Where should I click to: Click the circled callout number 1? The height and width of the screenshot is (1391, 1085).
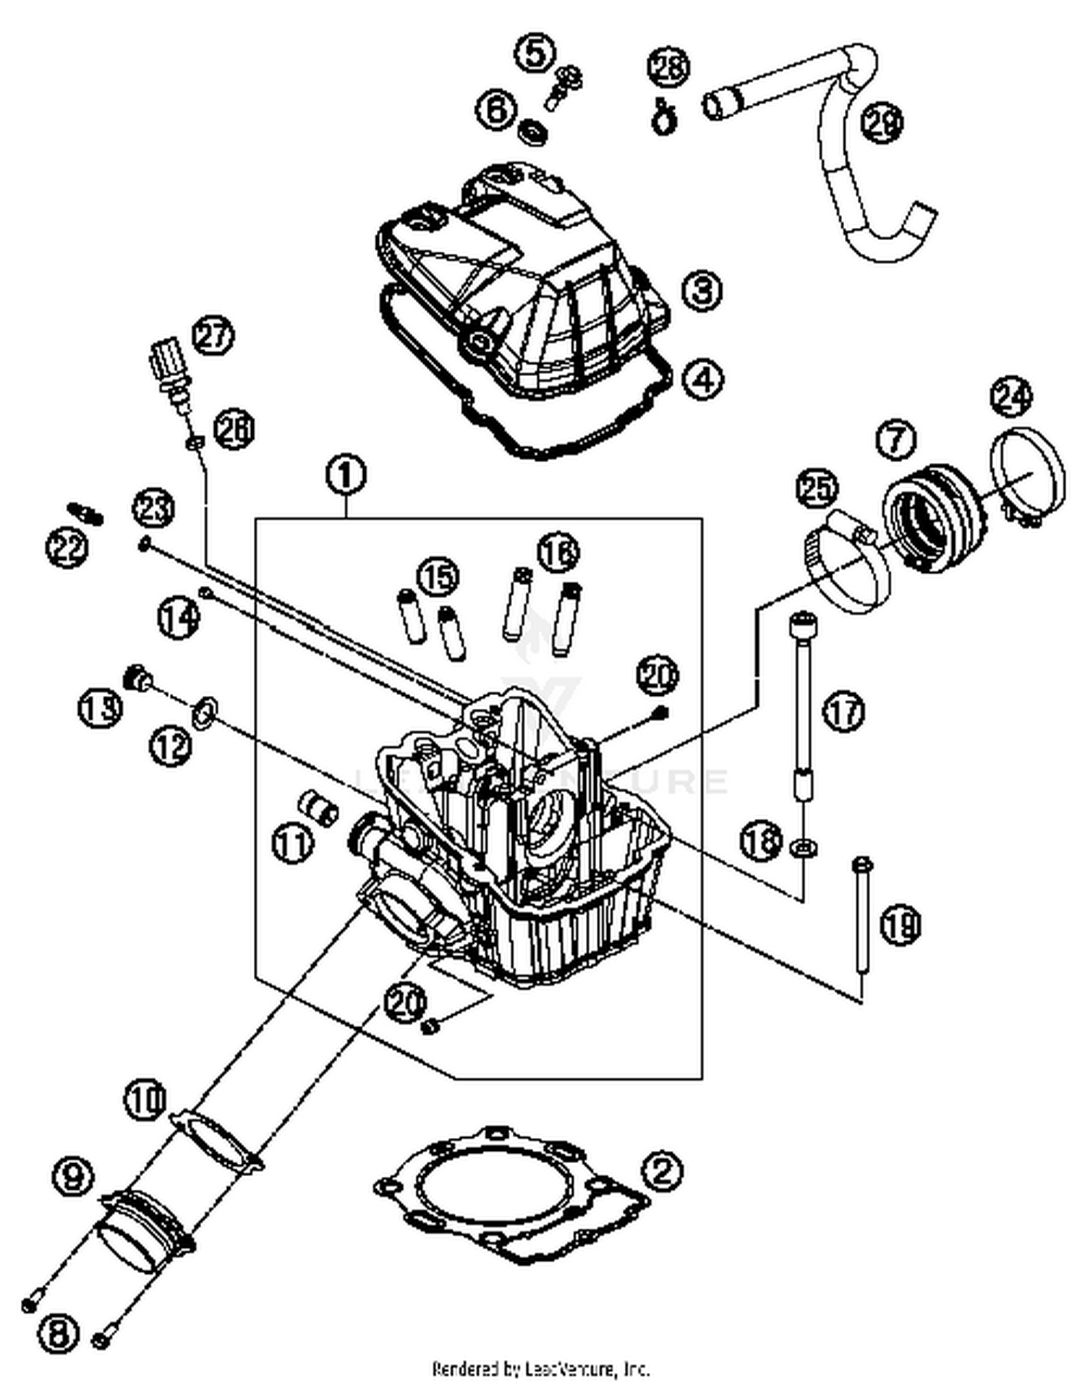pyautogui.click(x=346, y=475)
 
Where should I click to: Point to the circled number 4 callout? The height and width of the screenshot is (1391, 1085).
pyautogui.click(x=702, y=379)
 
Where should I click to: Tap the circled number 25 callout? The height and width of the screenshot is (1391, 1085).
pyautogui.click(x=817, y=490)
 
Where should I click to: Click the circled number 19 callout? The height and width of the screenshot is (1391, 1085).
pyautogui.click(x=900, y=924)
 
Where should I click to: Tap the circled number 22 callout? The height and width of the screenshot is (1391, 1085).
pyautogui.click(x=67, y=547)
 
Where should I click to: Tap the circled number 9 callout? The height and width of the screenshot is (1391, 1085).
pyautogui.click(x=74, y=1176)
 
